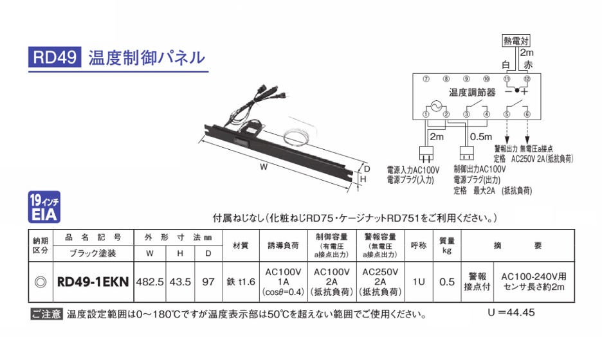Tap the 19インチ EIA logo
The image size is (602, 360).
[44, 207]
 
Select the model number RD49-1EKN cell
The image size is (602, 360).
[93, 282]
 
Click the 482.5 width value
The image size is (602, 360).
[150, 282]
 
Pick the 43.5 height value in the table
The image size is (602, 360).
[180, 282]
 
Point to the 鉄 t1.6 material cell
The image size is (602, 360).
[241, 282]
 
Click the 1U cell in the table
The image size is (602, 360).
[419, 282]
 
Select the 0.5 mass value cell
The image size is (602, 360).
[447, 282]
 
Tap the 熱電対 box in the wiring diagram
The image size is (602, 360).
[516, 40]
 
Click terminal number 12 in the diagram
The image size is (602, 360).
[527, 79]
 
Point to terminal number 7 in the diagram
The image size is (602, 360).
[426, 79]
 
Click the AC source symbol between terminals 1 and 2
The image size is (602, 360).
[436, 106]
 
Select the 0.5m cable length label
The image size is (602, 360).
[480, 137]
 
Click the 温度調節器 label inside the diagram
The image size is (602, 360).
[472, 93]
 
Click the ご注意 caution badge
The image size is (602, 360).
[46, 314]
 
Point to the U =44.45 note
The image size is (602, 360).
[511, 312]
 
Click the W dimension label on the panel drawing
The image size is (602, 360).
[264, 166]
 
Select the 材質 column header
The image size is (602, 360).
[241, 246]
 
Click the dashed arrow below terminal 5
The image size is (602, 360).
[507, 130]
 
